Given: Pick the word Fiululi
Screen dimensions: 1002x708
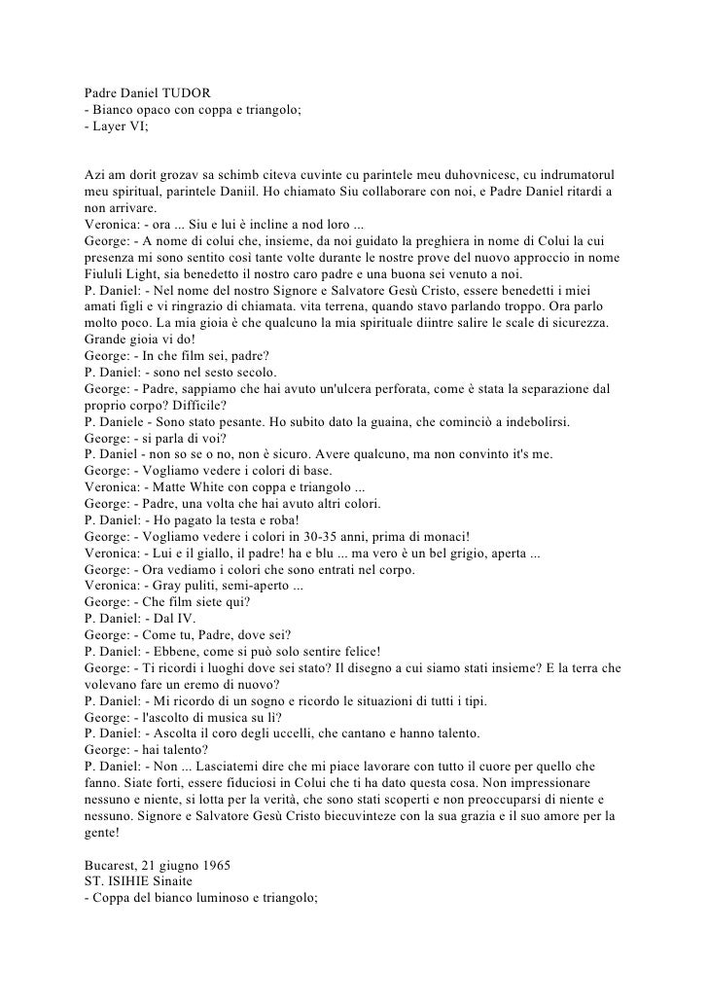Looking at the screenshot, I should [104, 274].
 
